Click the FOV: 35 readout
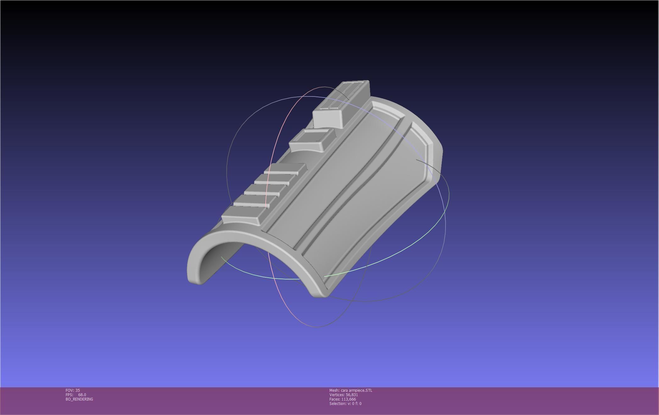(x=73, y=390)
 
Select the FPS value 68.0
(x=82, y=395)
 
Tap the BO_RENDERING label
(x=79, y=399)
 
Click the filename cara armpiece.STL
(x=357, y=390)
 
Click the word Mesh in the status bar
(x=334, y=390)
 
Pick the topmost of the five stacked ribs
(x=285, y=168)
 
